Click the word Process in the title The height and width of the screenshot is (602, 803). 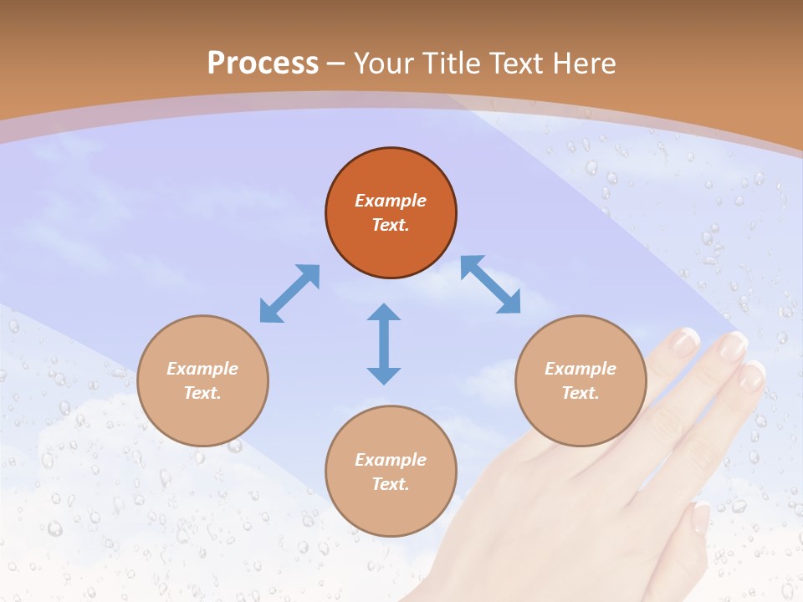(x=263, y=64)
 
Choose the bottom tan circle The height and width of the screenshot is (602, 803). (x=391, y=510)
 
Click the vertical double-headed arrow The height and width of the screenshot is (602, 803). (x=384, y=344)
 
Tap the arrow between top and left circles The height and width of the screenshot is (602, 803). (x=289, y=293)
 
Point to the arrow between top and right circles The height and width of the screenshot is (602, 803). (x=491, y=284)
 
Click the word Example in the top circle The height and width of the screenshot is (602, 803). (x=391, y=201)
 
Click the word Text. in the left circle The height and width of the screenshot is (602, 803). (x=202, y=393)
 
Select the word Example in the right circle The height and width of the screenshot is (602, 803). (x=581, y=369)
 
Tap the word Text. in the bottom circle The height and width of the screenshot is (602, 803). (x=391, y=484)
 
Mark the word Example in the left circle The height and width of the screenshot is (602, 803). (x=202, y=369)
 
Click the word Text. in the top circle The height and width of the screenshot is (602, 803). (x=391, y=225)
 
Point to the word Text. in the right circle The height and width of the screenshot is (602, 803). (x=581, y=393)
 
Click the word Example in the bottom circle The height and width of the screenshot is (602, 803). (x=391, y=460)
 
